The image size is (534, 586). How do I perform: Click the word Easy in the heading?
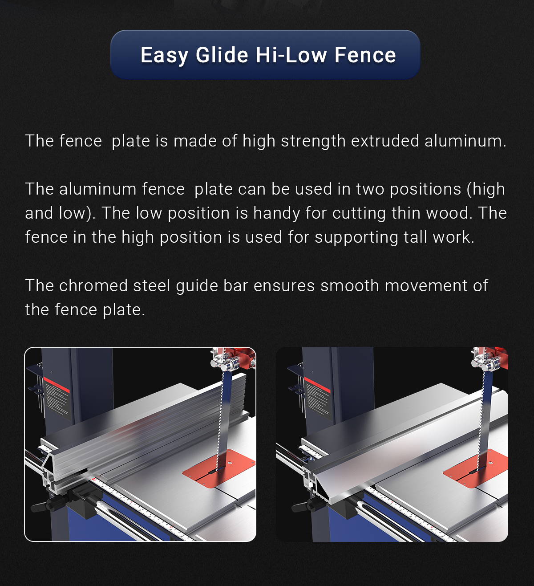coord(164,56)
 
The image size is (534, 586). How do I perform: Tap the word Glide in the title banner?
coord(222,55)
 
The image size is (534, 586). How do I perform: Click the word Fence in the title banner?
coord(365,55)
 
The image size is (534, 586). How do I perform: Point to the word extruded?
coord(385,141)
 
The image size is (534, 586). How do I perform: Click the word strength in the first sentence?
coord(313,142)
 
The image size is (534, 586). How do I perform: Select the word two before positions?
coord(370,189)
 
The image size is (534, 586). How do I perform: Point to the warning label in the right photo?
coord(318,398)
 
